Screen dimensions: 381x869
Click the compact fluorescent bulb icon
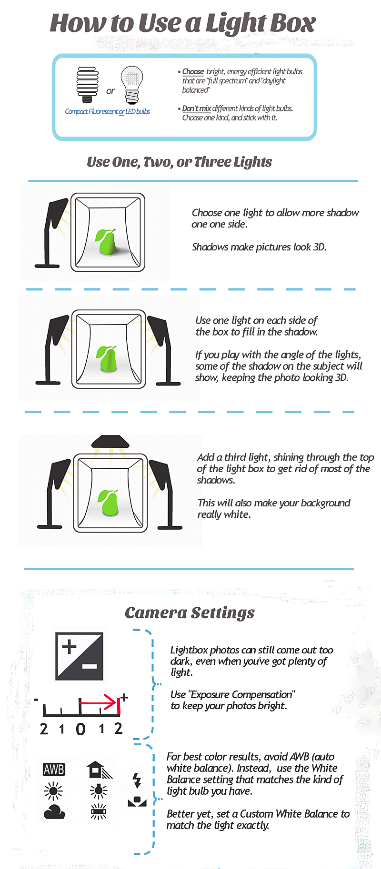(87, 85)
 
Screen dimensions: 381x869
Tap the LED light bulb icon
(132, 85)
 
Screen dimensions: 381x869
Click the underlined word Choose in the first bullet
(193, 71)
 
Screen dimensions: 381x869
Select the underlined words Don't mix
(197, 109)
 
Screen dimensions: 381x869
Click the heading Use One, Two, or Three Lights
(179, 162)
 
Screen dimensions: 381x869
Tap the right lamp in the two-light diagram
(160, 350)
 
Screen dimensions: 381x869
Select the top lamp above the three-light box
(110, 441)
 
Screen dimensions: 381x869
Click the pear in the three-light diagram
(109, 502)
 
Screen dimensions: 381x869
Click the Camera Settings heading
(190, 612)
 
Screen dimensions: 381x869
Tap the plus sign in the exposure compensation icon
(69, 646)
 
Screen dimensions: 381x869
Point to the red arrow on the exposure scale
(98, 702)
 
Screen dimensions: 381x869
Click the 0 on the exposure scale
(80, 729)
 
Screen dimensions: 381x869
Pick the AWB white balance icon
(54, 769)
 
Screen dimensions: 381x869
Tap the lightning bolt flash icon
(137, 780)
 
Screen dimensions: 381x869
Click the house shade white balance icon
(99, 770)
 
